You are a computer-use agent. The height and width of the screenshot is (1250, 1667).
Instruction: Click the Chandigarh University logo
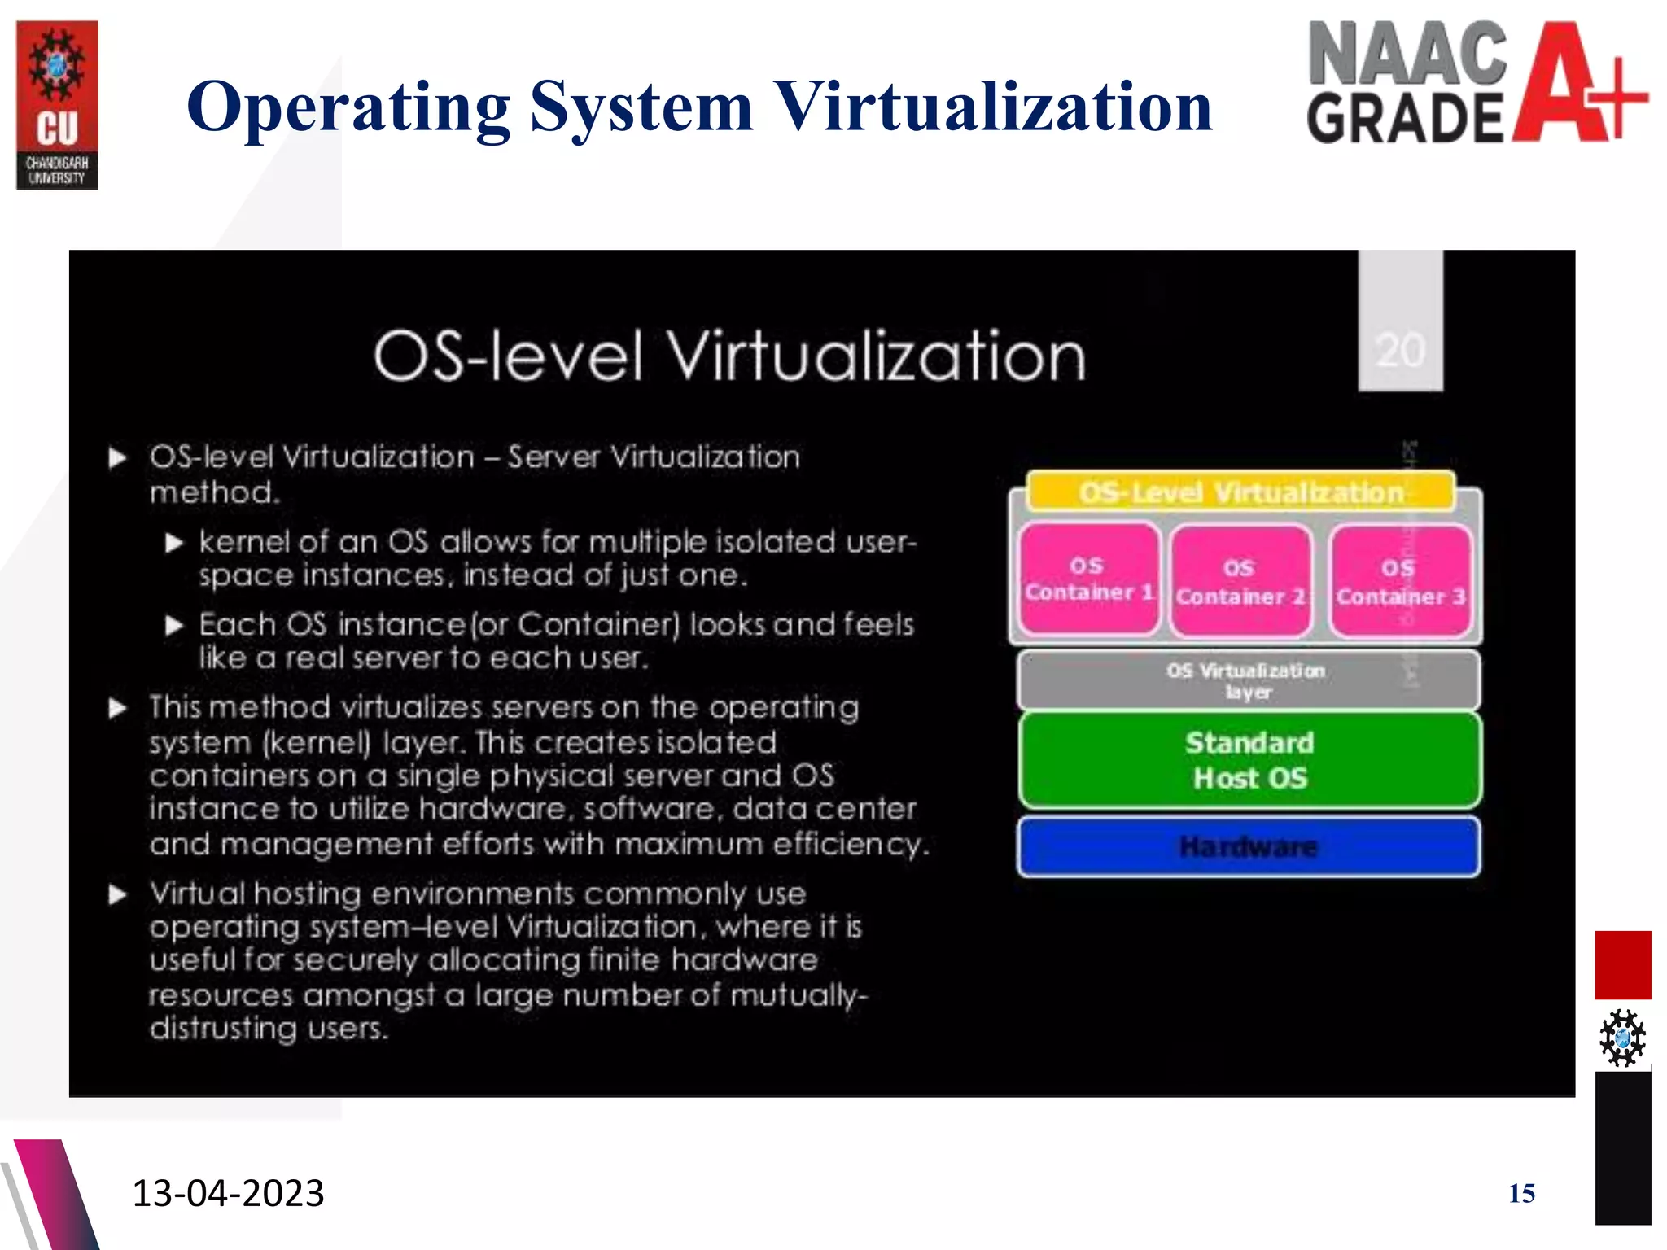(x=57, y=105)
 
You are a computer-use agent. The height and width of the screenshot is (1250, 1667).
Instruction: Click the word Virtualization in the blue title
(x=992, y=107)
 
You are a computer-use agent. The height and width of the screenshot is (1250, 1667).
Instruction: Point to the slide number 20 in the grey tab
(x=1400, y=351)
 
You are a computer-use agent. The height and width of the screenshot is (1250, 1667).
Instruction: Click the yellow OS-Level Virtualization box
(x=1240, y=492)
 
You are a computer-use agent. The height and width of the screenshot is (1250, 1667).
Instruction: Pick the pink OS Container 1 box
(x=1089, y=579)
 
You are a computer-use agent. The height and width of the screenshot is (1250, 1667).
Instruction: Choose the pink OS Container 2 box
(x=1240, y=581)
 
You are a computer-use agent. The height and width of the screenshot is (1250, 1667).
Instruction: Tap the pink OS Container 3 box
(x=1400, y=581)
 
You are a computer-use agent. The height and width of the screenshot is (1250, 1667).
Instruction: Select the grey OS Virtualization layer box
(x=1248, y=680)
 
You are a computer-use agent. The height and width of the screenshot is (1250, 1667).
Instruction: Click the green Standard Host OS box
(x=1249, y=760)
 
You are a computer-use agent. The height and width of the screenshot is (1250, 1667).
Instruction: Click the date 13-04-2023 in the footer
(x=228, y=1193)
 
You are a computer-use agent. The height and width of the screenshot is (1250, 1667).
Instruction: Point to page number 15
(x=1521, y=1193)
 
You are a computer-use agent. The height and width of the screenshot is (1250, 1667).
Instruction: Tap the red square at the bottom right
(x=1622, y=965)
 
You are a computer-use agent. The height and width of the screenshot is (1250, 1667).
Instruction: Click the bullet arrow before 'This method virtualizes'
(x=118, y=708)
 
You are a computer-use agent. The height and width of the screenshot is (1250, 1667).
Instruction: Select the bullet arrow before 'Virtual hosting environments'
(x=118, y=895)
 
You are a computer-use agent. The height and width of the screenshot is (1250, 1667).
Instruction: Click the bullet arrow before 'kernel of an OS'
(x=174, y=543)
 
